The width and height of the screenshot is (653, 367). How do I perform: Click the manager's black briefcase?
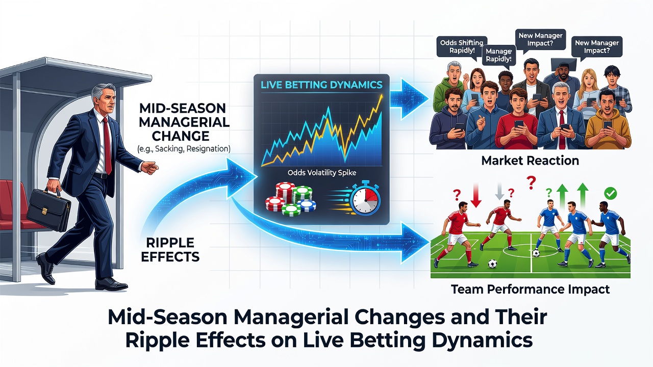[48, 209]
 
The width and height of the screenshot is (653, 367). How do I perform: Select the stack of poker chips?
[291, 199]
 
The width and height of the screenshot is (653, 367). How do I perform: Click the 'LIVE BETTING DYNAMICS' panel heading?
[321, 85]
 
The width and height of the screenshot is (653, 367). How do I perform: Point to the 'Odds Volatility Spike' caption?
[322, 173]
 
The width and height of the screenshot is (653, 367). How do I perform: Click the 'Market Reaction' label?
[530, 161]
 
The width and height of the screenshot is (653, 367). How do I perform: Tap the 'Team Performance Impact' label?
[530, 289]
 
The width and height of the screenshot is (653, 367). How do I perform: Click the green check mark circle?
[610, 193]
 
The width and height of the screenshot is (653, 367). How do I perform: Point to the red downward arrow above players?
[476, 195]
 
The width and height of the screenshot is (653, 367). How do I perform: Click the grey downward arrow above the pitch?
[499, 191]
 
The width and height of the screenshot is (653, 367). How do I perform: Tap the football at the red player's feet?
[492, 264]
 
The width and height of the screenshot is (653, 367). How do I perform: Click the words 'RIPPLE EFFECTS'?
[170, 250]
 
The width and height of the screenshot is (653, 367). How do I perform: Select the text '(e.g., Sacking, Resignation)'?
[184, 149]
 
